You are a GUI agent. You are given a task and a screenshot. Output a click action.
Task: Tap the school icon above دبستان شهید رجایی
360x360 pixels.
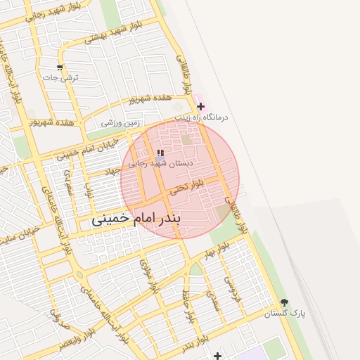tap(160, 153)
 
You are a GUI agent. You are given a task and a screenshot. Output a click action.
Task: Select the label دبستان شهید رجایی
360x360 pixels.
tap(155, 163)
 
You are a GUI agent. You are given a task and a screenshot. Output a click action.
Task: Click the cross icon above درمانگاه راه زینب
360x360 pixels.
tap(200, 106)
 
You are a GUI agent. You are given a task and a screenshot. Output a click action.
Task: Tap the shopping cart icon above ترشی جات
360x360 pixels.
tap(60, 68)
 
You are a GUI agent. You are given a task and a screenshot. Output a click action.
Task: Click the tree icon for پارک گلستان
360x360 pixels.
tap(285, 302)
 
